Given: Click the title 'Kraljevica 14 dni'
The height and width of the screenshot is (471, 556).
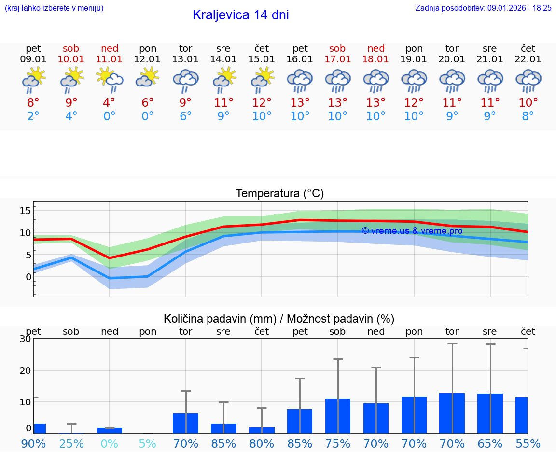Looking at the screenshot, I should click(x=240, y=15).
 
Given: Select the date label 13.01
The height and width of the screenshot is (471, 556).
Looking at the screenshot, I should click(x=185, y=59).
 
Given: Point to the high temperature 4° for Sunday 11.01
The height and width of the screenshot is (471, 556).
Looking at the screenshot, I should click(x=110, y=102).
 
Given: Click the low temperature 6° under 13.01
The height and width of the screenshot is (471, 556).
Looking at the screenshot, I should click(x=185, y=116).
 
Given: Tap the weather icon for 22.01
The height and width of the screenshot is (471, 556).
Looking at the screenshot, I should click(x=528, y=80).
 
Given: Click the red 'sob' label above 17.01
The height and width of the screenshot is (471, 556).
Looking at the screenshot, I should click(x=337, y=48).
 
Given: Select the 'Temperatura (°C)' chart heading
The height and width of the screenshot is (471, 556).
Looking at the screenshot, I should click(x=279, y=193).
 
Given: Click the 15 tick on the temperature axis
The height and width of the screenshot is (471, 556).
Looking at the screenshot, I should click(x=25, y=210).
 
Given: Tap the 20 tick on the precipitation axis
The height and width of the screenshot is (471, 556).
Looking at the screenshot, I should click(x=25, y=370).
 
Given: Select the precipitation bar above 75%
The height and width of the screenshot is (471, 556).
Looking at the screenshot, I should click(x=337, y=415).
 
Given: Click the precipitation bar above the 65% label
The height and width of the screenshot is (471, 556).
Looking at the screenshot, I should click(x=490, y=413).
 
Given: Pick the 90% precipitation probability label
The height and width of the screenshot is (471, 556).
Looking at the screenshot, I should click(x=33, y=443).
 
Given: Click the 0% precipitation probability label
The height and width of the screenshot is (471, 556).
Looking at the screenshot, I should click(x=110, y=443).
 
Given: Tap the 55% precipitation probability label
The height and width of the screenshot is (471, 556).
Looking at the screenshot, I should click(x=528, y=443).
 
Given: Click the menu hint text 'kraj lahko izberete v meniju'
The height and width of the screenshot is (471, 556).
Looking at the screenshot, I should click(x=54, y=8).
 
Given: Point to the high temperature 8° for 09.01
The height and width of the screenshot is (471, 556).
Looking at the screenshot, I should click(x=33, y=102).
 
